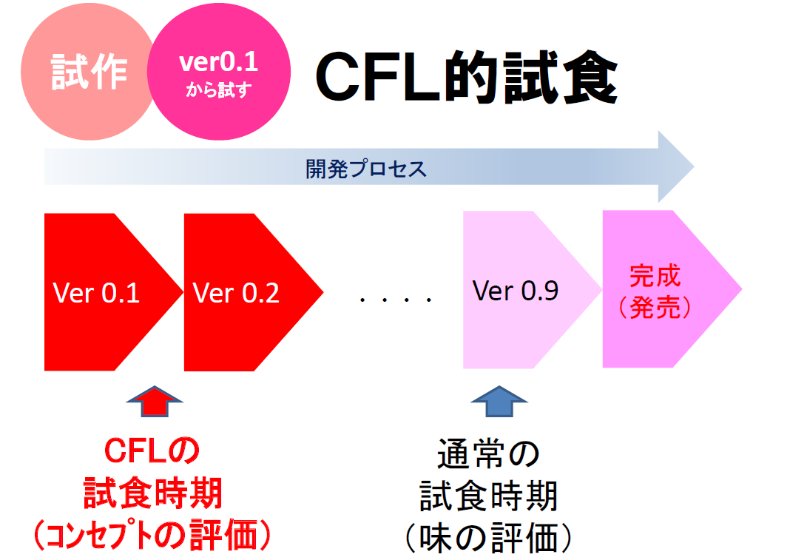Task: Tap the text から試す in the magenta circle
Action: (218, 90)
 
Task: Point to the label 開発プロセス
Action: (366, 169)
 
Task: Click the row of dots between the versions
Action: (395, 300)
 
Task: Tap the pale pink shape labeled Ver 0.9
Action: (518, 291)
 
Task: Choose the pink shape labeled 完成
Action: (655, 277)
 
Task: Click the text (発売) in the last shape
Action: (655, 308)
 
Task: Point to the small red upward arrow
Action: (154, 403)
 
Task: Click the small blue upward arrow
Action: (499, 403)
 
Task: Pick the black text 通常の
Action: (489, 453)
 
